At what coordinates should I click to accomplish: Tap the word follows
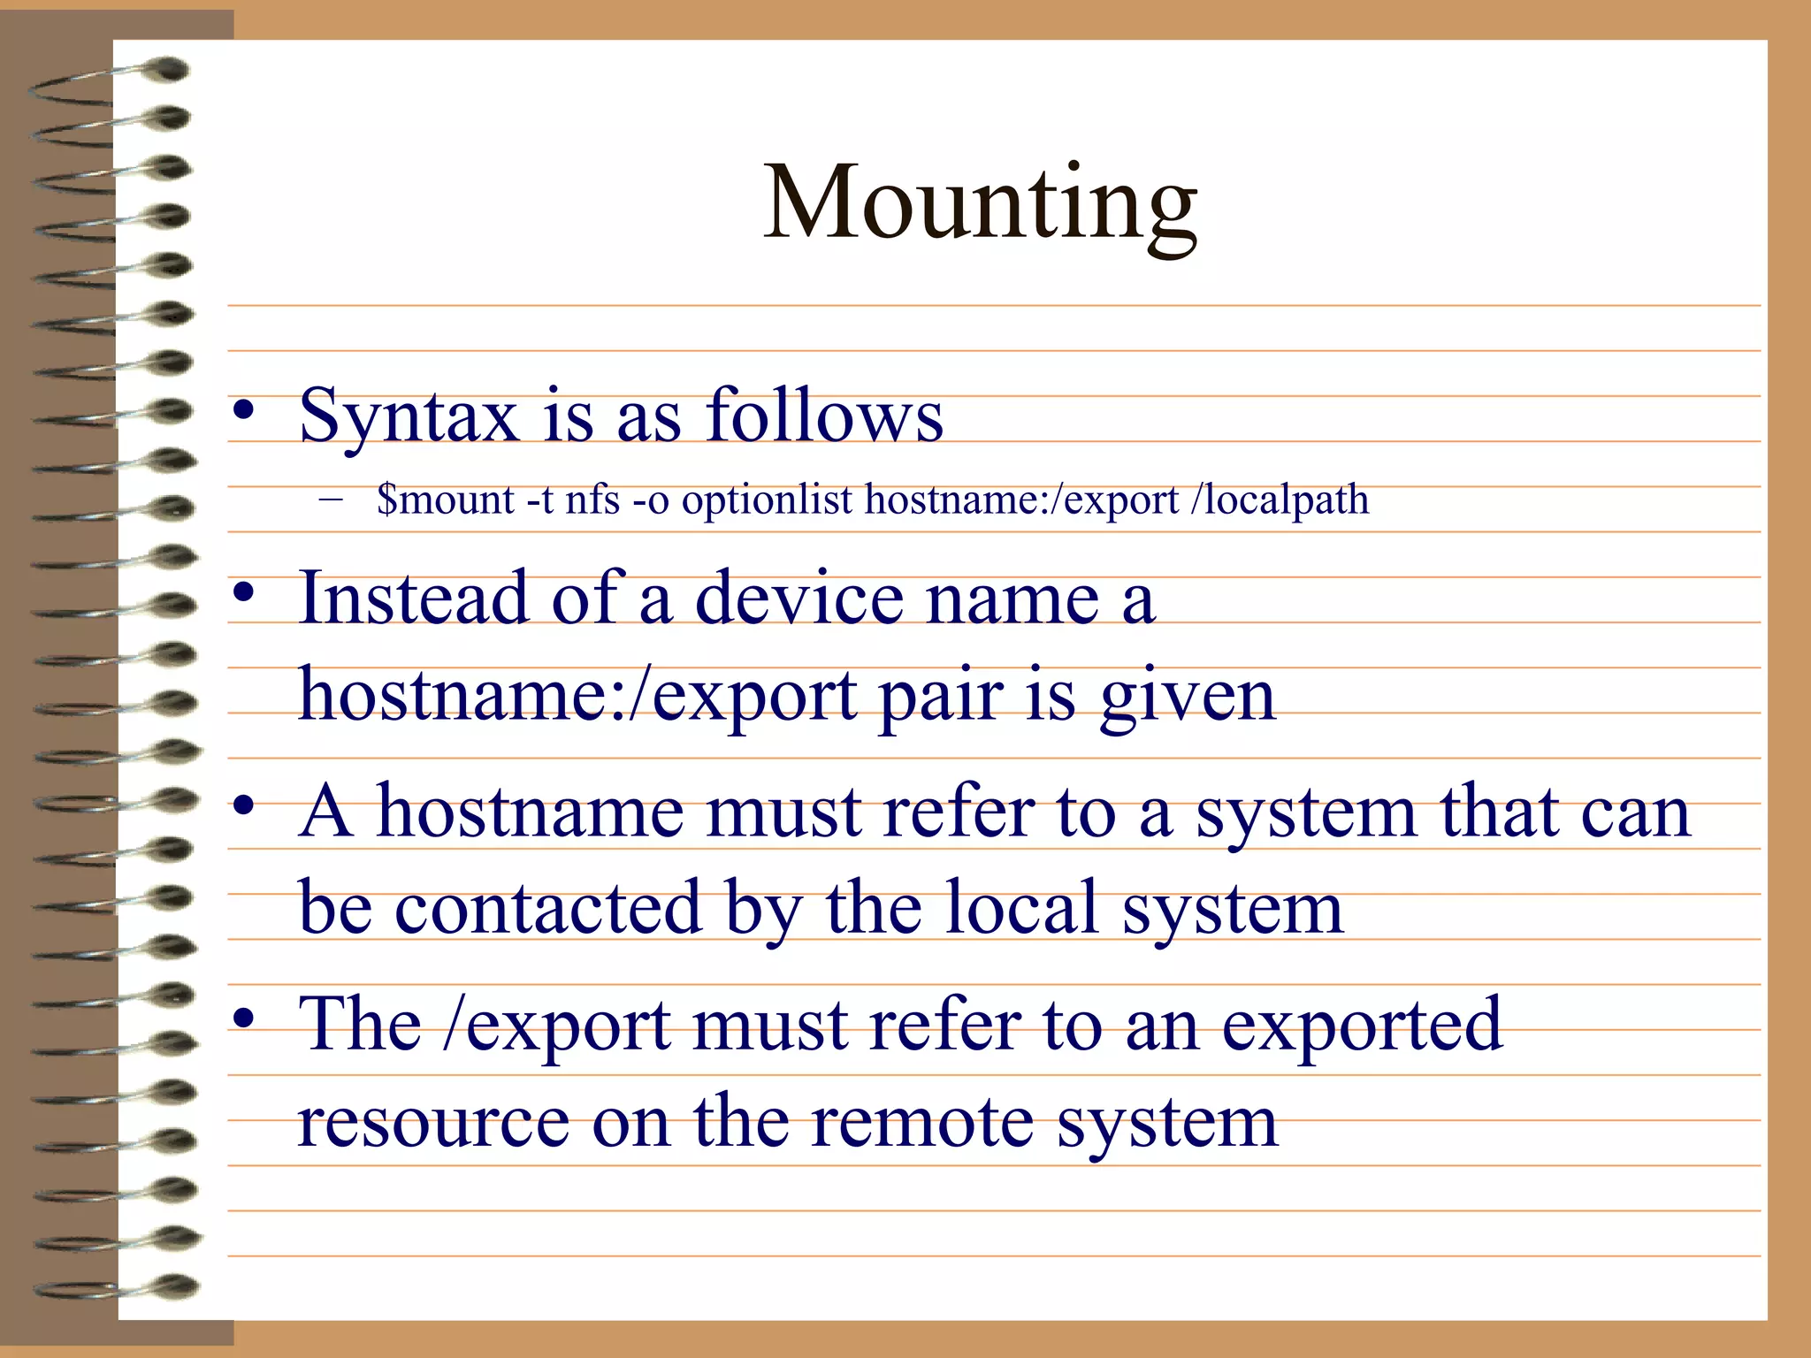point(823,416)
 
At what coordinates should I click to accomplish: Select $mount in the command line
point(445,500)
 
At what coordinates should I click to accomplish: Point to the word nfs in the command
point(592,500)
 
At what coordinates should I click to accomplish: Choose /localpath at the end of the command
point(1280,500)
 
